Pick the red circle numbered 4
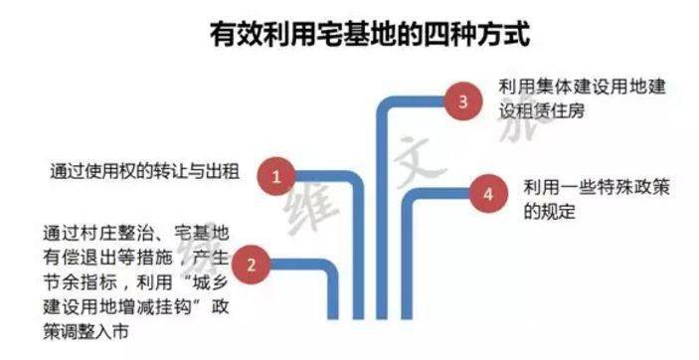[486, 194]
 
